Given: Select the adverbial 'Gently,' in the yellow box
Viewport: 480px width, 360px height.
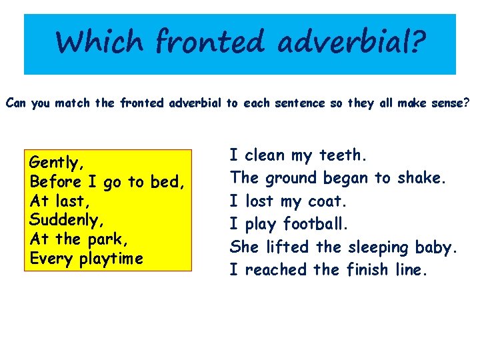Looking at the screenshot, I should click(x=57, y=163).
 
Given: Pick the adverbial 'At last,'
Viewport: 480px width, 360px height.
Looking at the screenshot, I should click(x=58, y=201).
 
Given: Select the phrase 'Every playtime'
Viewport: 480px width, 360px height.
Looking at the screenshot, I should click(x=87, y=258).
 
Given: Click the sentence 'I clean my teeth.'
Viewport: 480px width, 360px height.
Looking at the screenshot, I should click(x=298, y=156).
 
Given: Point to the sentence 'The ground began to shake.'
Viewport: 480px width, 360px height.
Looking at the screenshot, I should click(x=337, y=179).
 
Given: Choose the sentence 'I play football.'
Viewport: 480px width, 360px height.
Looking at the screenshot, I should click(x=289, y=224).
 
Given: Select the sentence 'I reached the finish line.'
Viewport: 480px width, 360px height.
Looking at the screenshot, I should click(x=327, y=270).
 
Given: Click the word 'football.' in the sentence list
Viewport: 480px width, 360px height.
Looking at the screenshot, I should click(x=316, y=224).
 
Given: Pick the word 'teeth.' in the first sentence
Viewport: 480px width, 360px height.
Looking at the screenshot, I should click(x=343, y=156).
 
